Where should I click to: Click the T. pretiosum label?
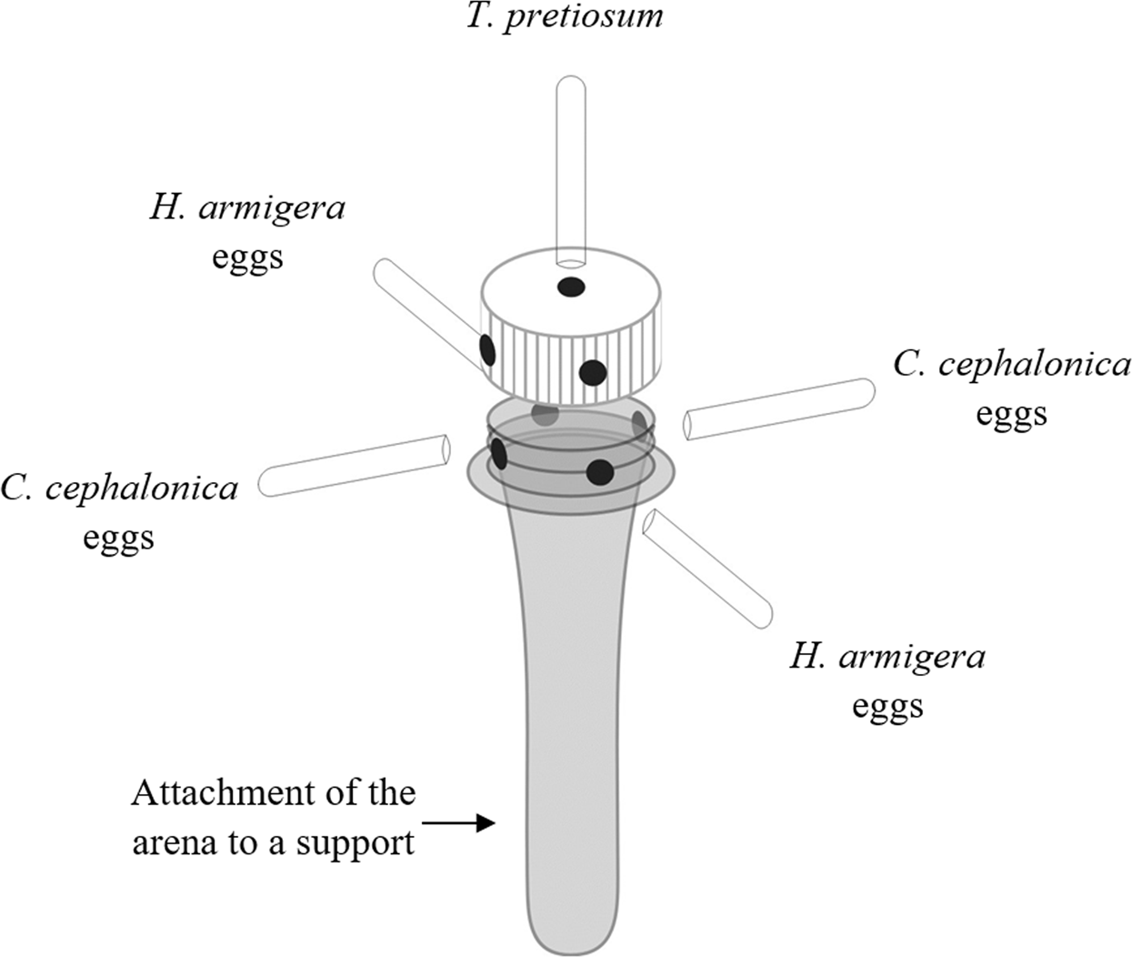pyautogui.click(x=565, y=17)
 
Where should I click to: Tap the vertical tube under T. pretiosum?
pyautogui.click(x=571, y=164)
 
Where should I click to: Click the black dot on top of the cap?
pyautogui.click(x=570, y=287)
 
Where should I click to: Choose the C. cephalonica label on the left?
pyautogui.click(x=119, y=489)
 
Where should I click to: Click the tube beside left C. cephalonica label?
pyautogui.click(x=355, y=465)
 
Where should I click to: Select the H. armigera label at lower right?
pyautogui.click(x=887, y=657)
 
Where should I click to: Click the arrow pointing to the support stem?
pyautogui.click(x=459, y=824)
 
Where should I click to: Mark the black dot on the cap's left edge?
pyautogui.click(x=487, y=348)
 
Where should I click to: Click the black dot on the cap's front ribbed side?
pyautogui.click(x=592, y=372)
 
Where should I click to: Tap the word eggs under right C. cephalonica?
pyautogui.click(x=1011, y=413)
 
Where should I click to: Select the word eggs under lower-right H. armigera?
pyautogui.click(x=887, y=705)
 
